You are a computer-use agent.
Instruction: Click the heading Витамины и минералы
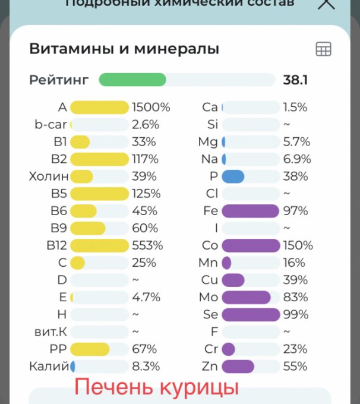[x=124, y=49]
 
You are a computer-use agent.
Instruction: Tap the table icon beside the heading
[x=323, y=49]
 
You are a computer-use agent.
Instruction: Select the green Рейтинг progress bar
[x=132, y=80]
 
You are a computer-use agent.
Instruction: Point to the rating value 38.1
[x=295, y=80]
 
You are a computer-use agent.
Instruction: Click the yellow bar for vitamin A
[x=99, y=108]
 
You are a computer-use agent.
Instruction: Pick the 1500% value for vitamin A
[x=151, y=108]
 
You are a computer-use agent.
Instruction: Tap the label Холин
[x=49, y=176]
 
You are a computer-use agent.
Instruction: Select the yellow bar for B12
[x=99, y=245]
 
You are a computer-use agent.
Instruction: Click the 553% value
[x=148, y=245]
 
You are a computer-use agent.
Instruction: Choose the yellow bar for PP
[x=90, y=349]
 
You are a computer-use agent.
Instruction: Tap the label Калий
[x=49, y=366]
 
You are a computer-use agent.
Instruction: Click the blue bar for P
[x=233, y=176]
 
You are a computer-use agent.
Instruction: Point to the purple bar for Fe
[x=250, y=211]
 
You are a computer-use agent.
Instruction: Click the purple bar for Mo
[x=246, y=297]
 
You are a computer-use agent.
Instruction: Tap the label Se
[x=210, y=314]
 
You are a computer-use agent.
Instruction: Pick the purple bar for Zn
[x=238, y=366]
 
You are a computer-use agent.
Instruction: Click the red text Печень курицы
[x=156, y=387]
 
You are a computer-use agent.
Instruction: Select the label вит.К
[x=50, y=332]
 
